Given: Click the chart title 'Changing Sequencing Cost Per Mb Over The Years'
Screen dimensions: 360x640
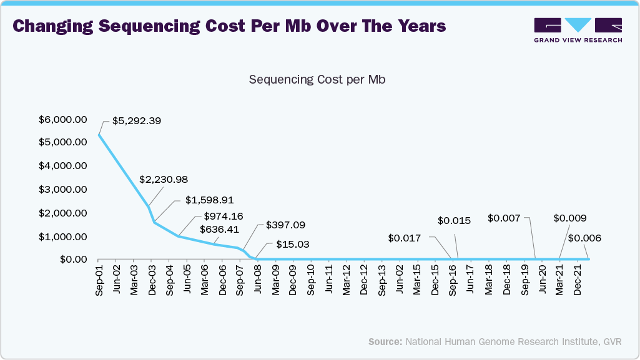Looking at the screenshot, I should click(229, 26).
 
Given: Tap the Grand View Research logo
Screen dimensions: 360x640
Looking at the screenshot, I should click(578, 30).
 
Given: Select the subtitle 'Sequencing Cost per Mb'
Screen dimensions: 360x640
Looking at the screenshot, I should click(317, 80).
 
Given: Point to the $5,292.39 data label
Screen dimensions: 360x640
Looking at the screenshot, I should click(137, 121).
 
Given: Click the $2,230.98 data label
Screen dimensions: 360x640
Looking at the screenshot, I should click(164, 179).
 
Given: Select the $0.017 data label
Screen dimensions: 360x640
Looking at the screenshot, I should click(404, 238).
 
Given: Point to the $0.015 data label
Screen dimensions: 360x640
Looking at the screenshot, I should click(454, 220).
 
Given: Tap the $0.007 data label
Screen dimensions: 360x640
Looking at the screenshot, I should click(503, 218).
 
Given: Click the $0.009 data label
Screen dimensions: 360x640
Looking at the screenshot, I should click(569, 218).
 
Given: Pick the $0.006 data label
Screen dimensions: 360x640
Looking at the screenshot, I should click(585, 238).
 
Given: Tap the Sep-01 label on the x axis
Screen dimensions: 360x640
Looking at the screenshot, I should click(99, 281).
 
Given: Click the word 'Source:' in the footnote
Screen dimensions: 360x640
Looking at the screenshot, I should click(385, 342).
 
